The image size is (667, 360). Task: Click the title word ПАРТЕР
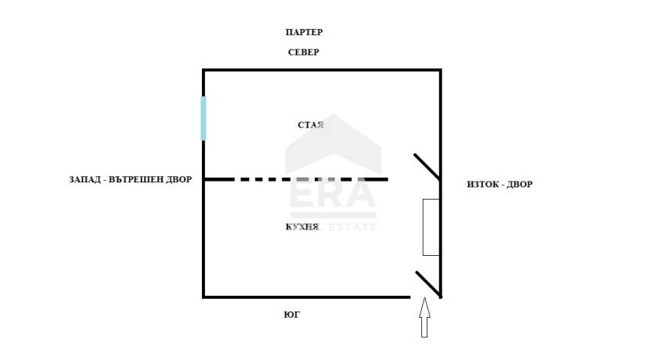click(x=305, y=32)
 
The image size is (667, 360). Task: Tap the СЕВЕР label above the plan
click(x=303, y=52)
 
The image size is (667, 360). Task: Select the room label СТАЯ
click(x=311, y=125)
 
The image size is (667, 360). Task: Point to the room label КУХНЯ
click(x=302, y=227)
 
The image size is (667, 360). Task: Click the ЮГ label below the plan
click(x=292, y=315)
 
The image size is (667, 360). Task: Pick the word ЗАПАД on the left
click(x=85, y=179)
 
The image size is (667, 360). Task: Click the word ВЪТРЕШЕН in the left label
click(x=136, y=179)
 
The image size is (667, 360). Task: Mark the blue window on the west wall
click(x=204, y=119)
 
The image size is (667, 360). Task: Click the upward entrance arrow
click(x=424, y=318)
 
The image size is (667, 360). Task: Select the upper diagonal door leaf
click(x=427, y=167)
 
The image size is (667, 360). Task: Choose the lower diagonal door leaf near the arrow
click(x=428, y=284)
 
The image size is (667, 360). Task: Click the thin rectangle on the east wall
click(x=431, y=228)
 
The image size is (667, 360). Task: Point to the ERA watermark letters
click(x=333, y=195)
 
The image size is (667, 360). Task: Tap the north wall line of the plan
click(x=322, y=70)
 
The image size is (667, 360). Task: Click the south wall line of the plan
click(x=306, y=297)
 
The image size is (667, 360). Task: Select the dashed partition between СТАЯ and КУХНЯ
click(x=296, y=179)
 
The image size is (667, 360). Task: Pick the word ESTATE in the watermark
click(x=352, y=228)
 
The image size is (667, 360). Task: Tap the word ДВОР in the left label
click(x=179, y=179)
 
